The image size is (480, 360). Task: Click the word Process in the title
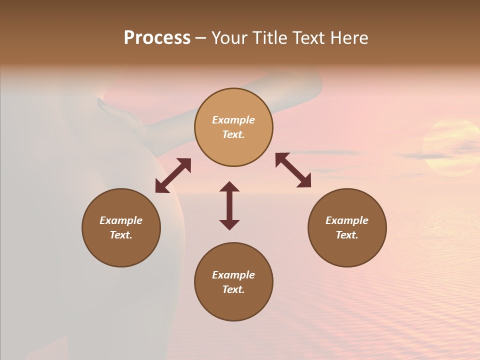157,38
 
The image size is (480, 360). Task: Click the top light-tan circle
233,127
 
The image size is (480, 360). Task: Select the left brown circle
121,227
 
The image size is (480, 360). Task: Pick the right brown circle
347,227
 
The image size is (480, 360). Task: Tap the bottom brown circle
233,281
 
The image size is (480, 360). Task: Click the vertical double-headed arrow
229,205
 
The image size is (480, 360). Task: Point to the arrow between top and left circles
173,175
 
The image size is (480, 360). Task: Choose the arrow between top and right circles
293,170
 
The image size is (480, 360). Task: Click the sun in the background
450,148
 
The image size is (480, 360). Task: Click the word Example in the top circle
233,120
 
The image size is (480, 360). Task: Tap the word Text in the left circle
121,235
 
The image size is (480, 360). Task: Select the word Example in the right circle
347,220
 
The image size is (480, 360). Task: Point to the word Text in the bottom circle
233,289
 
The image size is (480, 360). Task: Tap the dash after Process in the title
200,38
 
